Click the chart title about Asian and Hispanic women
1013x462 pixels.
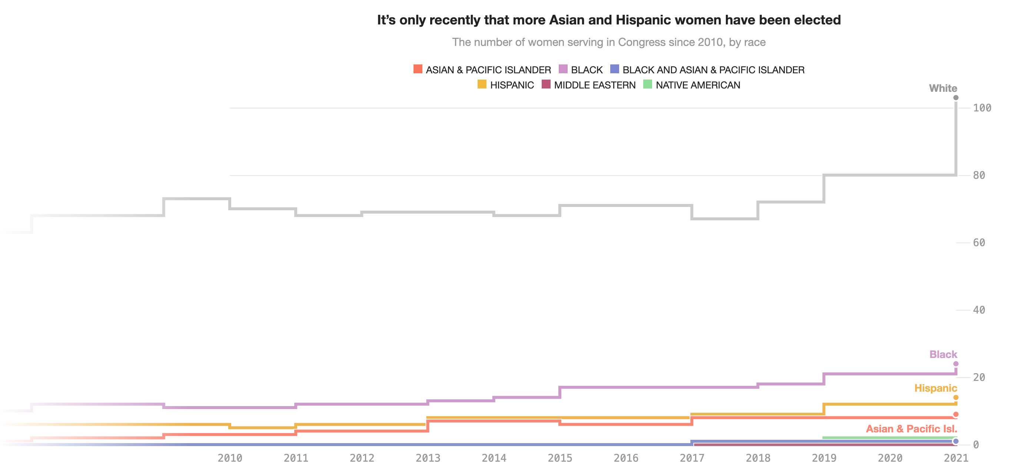(609, 20)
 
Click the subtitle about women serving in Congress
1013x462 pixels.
(609, 42)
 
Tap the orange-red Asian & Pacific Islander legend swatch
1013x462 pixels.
(418, 69)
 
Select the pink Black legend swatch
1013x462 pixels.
(563, 69)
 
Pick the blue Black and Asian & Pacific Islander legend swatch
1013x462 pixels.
(614, 69)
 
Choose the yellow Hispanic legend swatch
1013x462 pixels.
(482, 84)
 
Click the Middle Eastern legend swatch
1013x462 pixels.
(546, 84)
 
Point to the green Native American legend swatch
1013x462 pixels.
(647, 84)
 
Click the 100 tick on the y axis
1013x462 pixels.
(982, 108)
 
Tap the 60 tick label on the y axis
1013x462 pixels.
(979, 242)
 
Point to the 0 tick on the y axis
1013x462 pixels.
(976, 445)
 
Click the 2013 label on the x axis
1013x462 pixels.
(428, 457)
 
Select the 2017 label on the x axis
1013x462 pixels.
(692, 457)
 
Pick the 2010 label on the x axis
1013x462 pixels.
(230, 457)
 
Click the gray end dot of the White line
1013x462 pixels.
(956, 97)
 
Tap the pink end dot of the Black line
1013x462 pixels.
(956, 364)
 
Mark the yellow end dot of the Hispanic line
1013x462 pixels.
(956, 398)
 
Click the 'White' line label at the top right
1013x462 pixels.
(943, 88)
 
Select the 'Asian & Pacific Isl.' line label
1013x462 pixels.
(911, 429)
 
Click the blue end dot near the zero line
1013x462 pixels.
(956, 441)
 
